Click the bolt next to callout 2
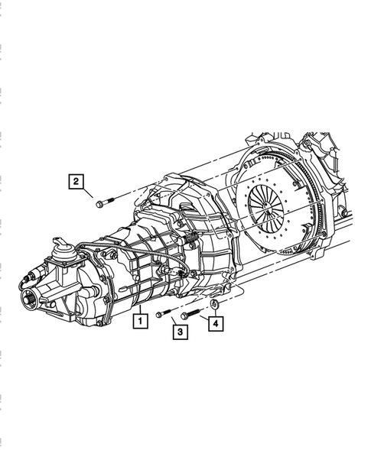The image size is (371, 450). click(104, 202)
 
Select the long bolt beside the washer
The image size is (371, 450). click(190, 313)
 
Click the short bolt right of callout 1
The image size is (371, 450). click(162, 313)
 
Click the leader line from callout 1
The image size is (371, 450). click(141, 307)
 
